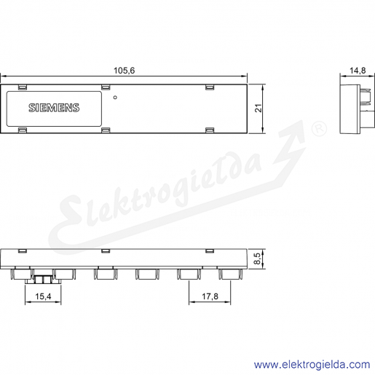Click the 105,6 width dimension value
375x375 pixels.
click(124, 71)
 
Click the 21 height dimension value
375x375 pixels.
click(258, 108)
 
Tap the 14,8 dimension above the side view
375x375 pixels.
click(358, 71)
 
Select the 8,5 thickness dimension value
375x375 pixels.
click(257, 258)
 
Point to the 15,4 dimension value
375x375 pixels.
click(43, 296)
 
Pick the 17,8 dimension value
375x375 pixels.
click(210, 296)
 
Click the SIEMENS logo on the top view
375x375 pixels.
click(54, 108)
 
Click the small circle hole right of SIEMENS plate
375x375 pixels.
click(115, 98)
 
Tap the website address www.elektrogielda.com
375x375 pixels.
click(312, 365)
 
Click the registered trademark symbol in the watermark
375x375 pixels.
click(319, 129)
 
